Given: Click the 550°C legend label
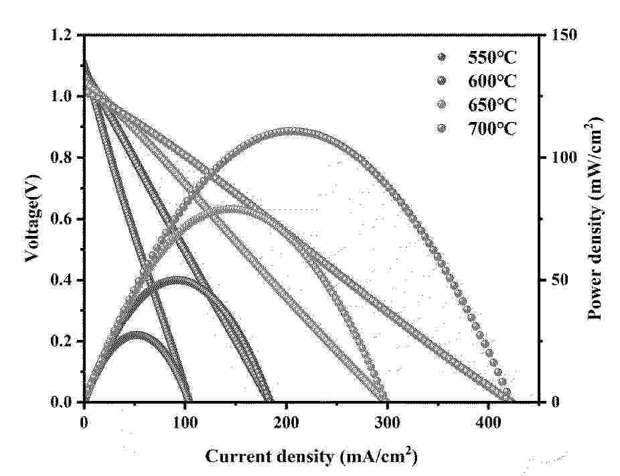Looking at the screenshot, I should click(x=492, y=58).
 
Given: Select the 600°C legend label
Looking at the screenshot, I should click(x=492, y=81).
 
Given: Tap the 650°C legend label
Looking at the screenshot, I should click(x=492, y=105).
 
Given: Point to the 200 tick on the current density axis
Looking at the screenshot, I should click(x=286, y=423).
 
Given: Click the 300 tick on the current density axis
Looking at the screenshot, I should click(x=387, y=423).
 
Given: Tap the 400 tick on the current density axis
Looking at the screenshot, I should click(x=488, y=423).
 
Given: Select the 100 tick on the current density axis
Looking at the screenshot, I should click(x=185, y=423).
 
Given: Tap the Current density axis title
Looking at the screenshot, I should click(x=311, y=457).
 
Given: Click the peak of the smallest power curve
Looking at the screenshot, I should click(x=137, y=334).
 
